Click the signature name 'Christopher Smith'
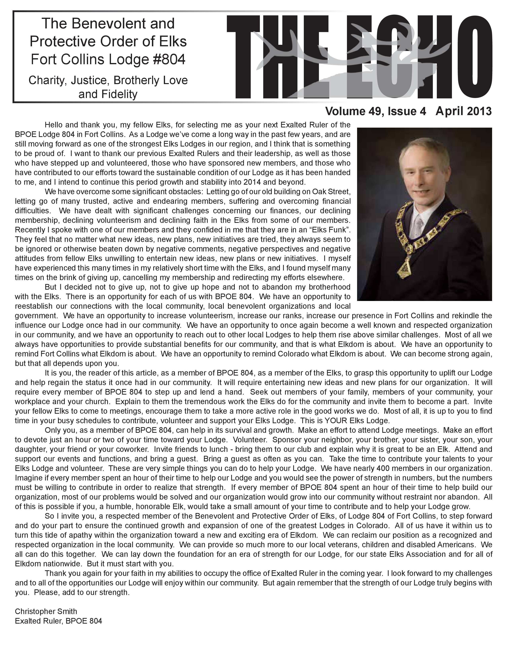[x=46, y=611]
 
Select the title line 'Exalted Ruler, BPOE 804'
[x=59, y=621]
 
